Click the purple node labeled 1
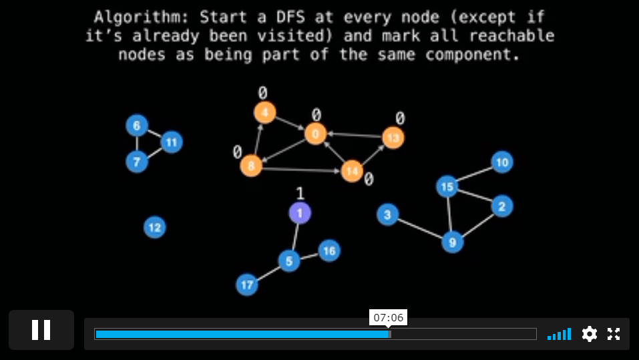[x=300, y=213]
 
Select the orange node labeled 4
[x=265, y=112]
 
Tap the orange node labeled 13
[x=393, y=138]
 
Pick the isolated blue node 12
[x=155, y=227]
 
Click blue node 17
[x=247, y=285]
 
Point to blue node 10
[x=502, y=162]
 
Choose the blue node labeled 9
[x=452, y=242]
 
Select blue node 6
[x=137, y=125]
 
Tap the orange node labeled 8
[x=251, y=166]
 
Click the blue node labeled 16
[x=329, y=250]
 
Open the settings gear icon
[x=590, y=334]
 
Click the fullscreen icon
[x=614, y=334]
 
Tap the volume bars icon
[x=559, y=334]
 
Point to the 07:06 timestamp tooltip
[x=389, y=318]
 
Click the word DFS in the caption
[x=290, y=17]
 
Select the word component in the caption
[x=473, y=55]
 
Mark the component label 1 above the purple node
[x=300, y=193]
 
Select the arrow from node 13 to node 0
[x=355, y=136]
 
